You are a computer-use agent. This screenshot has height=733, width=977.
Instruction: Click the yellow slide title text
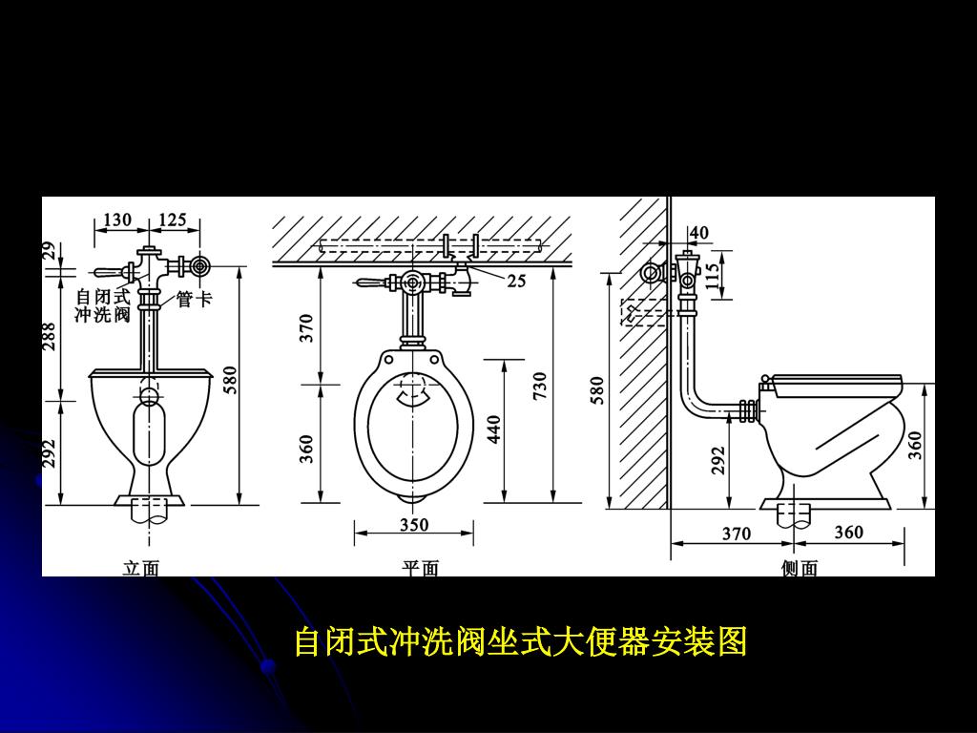520,642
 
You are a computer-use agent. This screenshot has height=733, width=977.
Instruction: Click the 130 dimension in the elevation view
117,220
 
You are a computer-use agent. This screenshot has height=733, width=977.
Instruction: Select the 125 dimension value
173,220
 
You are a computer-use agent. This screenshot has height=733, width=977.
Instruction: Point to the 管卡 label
194,300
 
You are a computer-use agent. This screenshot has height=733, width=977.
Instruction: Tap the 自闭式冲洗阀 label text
103,306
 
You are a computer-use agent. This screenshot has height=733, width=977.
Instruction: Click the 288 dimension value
50,335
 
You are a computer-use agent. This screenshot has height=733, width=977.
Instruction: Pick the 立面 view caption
140,569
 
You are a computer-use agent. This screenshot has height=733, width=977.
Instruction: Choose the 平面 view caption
420,569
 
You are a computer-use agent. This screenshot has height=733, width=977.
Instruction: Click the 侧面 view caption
800,569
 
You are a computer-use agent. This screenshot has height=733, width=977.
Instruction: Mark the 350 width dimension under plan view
414,525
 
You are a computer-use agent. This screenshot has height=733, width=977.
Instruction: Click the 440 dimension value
494,429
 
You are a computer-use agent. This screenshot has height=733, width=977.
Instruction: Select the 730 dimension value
540,386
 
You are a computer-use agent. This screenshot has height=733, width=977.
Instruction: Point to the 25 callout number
516,281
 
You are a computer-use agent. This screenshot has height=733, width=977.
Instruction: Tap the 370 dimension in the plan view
306,327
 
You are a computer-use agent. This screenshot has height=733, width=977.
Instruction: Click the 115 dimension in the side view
712,276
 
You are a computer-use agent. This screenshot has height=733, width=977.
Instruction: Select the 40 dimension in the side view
699,232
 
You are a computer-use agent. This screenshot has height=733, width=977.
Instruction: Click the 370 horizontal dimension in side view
736,534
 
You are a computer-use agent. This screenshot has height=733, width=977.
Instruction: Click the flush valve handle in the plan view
370,282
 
